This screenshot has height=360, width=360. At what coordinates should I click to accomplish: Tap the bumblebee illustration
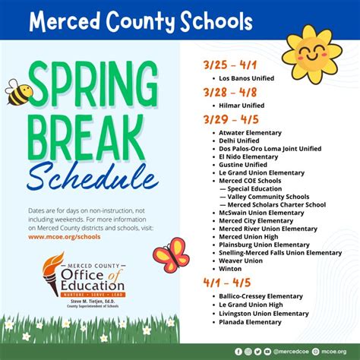[21, 93]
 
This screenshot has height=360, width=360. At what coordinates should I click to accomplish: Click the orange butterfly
[171, 255]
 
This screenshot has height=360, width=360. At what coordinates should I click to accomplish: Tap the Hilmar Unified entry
[242, 106]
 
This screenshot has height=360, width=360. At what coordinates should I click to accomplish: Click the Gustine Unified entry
[243, 164]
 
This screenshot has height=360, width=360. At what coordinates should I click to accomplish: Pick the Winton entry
[230, 267]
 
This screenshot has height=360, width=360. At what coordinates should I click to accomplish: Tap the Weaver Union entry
[242, 260]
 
